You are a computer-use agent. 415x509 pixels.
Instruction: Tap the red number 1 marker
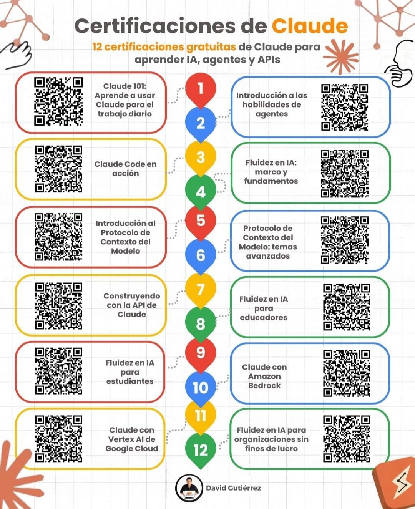point(201,90)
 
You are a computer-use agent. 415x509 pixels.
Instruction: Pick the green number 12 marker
point(201,451)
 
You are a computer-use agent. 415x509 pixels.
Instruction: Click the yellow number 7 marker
point(201,290)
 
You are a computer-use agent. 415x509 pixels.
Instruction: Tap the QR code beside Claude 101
point(58,101)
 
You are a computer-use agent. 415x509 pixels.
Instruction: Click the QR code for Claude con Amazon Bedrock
point(347,374)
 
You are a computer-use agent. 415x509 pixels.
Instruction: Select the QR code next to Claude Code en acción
point(58,169)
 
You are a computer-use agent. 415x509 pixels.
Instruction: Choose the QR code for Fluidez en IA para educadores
point(347,307)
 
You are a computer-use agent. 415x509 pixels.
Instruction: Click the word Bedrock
point(264,385)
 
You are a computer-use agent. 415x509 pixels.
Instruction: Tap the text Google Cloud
point(132,449)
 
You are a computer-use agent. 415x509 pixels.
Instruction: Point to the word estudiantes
point(130,381)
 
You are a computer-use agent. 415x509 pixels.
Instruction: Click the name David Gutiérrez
point(233,488)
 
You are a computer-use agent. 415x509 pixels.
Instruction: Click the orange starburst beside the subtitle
point(341,57)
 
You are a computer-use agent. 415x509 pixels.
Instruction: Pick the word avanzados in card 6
point(268,256)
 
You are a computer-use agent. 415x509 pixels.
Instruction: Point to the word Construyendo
point(132,296)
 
